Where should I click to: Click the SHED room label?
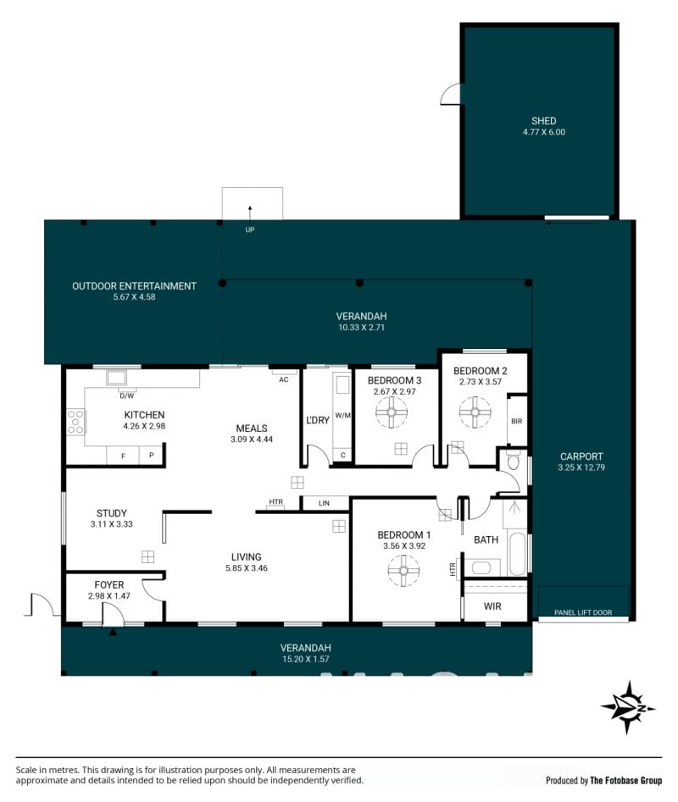(543, 121)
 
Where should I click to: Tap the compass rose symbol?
(628, 708)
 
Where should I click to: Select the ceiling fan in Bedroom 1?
(403, 570)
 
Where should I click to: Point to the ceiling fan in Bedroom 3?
(392, 412)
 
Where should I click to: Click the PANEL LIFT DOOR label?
(583, 612)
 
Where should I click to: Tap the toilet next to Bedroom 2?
(514, 462)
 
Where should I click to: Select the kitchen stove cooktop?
(75, 422)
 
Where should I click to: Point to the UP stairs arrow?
(250, 213)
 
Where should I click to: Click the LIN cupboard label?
(324, 503)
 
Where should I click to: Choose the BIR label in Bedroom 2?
(516, 421)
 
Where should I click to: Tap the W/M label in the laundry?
(343, 415)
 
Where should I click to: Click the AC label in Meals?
(283, 379)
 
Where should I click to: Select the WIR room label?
(492, 606)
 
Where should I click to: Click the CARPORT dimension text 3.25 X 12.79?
(581, 467)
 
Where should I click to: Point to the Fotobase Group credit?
(603, 781)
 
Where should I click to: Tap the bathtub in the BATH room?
(517, 554)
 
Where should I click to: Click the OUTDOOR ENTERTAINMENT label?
(134, 286)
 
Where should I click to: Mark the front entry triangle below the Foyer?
(113, 633)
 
